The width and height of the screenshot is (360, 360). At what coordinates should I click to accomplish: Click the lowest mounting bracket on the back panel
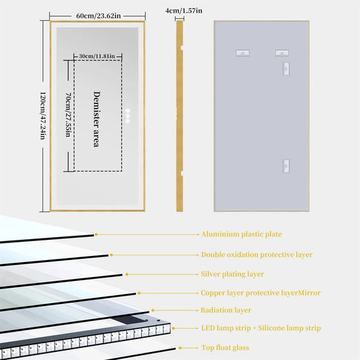click(286, 165)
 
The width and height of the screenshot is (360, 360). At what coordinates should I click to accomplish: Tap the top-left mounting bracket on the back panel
click(241, 53)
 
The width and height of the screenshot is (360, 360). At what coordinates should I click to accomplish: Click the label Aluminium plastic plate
click(241, 234)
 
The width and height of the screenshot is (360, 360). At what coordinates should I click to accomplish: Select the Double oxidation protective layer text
click(257, 255)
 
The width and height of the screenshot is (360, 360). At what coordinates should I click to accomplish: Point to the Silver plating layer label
click(232, 274)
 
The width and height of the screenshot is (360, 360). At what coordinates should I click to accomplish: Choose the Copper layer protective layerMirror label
click(261, 293)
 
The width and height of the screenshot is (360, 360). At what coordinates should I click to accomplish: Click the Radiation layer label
click(226, 311)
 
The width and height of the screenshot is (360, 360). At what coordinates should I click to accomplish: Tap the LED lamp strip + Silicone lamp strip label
click(261, 328)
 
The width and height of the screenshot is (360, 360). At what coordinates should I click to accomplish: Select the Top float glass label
click(225, 347)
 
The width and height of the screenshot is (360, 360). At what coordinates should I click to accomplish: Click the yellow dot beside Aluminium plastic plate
click(96, 234)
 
